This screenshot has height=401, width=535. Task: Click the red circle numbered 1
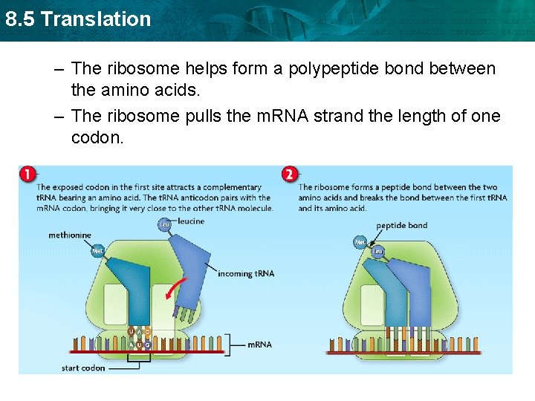27,175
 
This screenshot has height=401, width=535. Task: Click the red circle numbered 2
290,175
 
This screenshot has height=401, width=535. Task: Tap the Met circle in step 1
97,251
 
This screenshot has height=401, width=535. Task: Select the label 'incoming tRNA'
245,274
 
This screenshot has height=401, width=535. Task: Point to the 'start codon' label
83,368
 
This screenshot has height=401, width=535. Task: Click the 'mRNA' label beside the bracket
259,345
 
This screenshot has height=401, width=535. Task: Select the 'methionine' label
70,235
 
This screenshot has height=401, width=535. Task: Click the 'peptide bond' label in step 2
401,226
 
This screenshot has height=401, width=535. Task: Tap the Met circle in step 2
360,242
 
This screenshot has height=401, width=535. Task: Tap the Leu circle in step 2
377,251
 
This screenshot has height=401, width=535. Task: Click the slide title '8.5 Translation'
77,19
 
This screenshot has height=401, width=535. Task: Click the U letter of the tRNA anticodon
132,331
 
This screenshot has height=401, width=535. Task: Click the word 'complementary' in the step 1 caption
231,187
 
